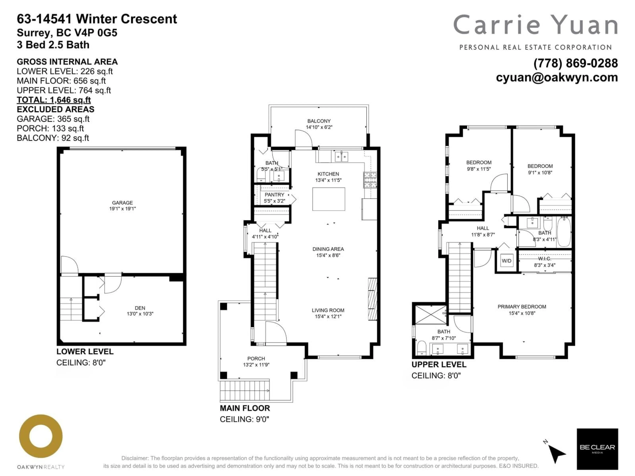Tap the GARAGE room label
122,203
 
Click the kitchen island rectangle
329,199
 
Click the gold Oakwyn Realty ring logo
41,436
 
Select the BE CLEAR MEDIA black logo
597,449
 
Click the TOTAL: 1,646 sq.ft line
54,100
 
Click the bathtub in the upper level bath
564,232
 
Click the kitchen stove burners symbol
370,180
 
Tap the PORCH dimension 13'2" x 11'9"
256,365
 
